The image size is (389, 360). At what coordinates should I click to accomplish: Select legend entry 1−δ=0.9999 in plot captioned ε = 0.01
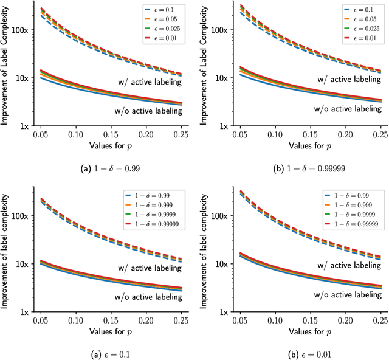[352, 216]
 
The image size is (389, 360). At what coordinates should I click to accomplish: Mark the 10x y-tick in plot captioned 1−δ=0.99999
[213, 78]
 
